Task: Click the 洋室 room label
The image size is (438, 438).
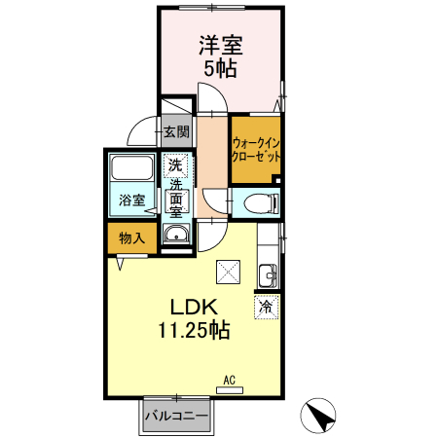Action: point(221,46)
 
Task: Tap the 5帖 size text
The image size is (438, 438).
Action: point(220,68)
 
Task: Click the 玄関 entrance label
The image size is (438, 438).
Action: point(176,131)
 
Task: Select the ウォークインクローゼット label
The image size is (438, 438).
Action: point(256,150)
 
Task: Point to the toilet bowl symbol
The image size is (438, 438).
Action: point(261,204)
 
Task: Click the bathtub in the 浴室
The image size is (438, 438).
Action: point(131,167)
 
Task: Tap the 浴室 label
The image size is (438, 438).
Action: point(131,200)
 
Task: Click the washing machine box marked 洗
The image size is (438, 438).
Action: point(175,165)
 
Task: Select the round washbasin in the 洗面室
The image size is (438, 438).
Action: point(176,233)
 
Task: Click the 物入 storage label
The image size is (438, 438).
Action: point(131,238)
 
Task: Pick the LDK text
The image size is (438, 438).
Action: point(194,307)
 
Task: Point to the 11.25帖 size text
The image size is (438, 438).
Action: point(194,330)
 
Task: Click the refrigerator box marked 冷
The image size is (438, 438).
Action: point(267,307)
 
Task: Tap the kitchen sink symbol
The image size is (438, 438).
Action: point(268,275)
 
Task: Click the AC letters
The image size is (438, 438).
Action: point(230,380)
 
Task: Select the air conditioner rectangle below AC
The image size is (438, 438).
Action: point(230,390)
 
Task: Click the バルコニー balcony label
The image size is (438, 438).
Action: point(176,416)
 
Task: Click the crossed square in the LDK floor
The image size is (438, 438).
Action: point(229,272)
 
